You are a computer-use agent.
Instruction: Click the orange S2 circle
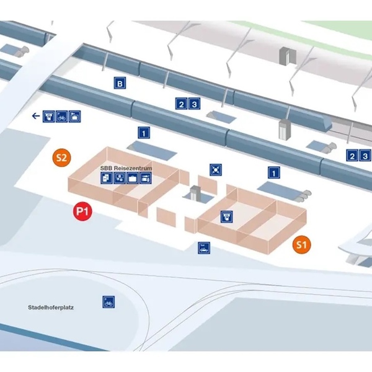pyautogui.click(x=61, y=157)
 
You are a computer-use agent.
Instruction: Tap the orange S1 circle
pyautogui.click(x=301, y=245)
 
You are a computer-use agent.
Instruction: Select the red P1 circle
pyautogui.click(x=82, y=211)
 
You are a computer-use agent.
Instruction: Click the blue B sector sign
pyautogui.click(x=120, y=83)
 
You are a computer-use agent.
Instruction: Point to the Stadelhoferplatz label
pyautogui.click(x=51, y=308)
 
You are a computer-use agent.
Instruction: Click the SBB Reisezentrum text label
pyautogui.click(x=126, y=168)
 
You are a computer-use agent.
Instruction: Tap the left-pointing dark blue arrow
pyautogui.click(x=36, y=116)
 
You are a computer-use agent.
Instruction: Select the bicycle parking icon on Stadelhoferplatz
pyautogui.click(x=108, y=302)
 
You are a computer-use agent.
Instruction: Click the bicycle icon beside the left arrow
pyautogui.click(x=61, y=117)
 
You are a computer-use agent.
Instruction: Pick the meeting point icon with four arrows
pyautogui.click(x=216, y=170)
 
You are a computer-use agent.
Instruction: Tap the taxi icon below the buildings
pyautogui.click(x=204, y=248)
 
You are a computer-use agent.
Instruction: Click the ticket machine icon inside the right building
pyautogui.click(x=226, y=216)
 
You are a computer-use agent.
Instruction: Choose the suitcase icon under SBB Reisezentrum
pyautogui.click(x=133, y=178)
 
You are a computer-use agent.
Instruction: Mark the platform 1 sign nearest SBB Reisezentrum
pyautogui.click(x=144, y=133)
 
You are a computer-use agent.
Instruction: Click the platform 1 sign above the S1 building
pyautogui.click(x=274, y=172)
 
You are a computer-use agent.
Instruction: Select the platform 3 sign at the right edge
pyautogui.click(x=365, y=156)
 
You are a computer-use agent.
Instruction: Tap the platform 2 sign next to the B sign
pyautogui.click(x=182, y=104)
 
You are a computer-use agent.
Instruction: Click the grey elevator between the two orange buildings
pyautogui.click(x=195, y=193)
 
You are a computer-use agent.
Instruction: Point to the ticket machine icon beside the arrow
pyautogui.click(x=48, y=117)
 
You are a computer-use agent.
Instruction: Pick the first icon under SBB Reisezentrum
pyautogui.click(x=107, y=178)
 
